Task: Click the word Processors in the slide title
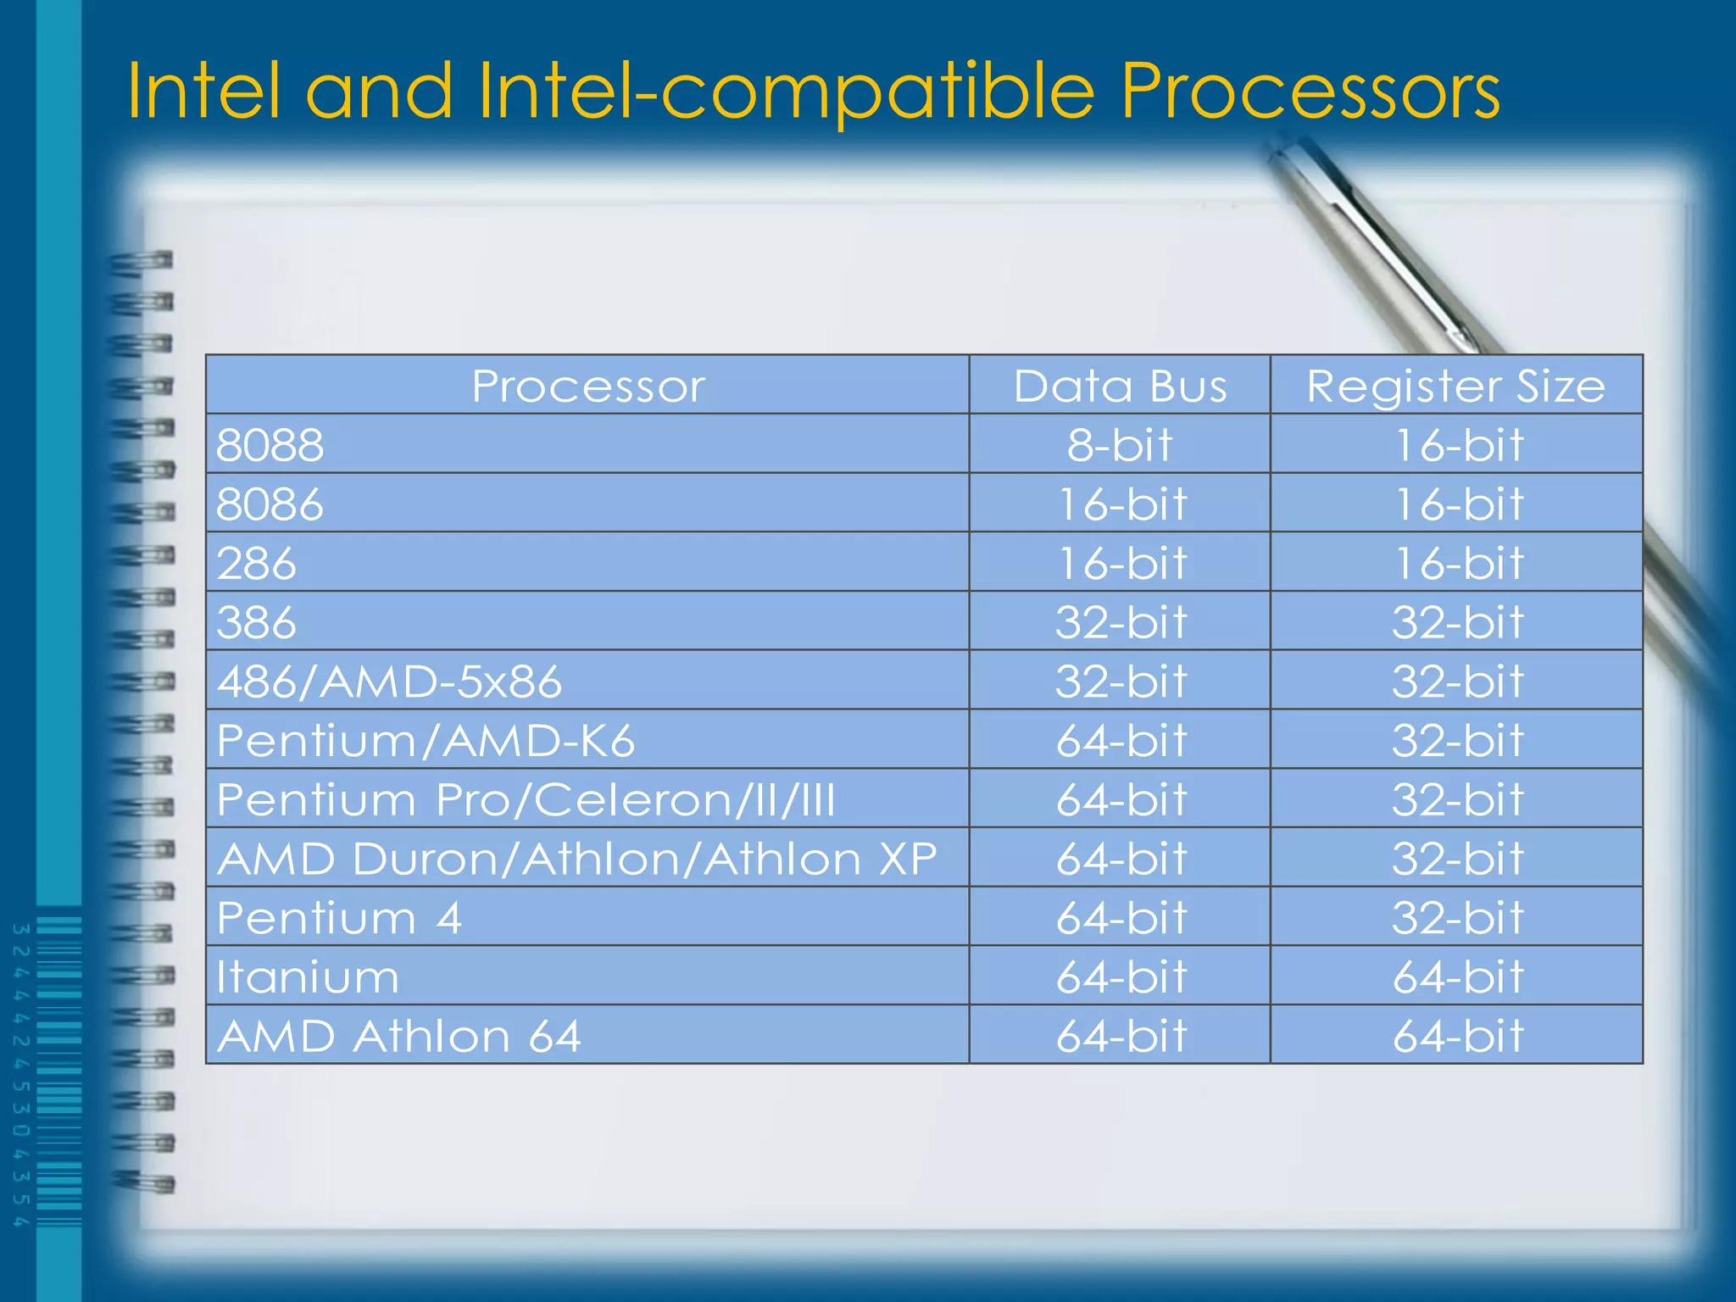[x=1310, y=92]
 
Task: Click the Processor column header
[x=588, y=387]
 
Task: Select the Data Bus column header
[x=1120, y=387]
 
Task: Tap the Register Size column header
[x=1455, y=387]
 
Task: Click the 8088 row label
[x=270, y=445]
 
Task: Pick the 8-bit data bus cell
[x=1120, y=445]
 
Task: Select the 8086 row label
[x=270, y=504]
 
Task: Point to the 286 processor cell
[x=257, y=564]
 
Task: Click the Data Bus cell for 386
[x=1120, y=622]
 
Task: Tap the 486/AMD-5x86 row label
[x=389, y=682]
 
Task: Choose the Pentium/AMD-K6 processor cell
[x=426, y=741]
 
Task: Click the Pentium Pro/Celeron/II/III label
[x=526, y=800]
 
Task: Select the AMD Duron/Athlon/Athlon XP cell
[x=577, y=859]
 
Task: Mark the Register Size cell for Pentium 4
[x=1457, y=918]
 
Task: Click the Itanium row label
[x=308, y=977]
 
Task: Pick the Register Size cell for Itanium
[x=1457, y=977]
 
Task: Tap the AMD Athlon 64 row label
[x=399, y=1037]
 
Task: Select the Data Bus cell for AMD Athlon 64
[x=1120, y=1037]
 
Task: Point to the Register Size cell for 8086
[x=1457, y=504]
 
